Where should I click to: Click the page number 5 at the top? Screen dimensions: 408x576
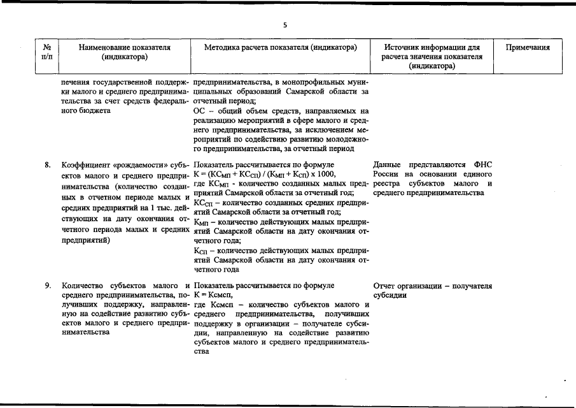[285, 25]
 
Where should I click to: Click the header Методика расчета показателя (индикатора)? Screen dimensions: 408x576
[280, 47]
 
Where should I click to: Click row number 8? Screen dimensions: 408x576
[48, 165]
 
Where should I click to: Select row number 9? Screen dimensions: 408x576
[48, 286]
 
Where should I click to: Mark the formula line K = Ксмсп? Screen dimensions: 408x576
[209, 295]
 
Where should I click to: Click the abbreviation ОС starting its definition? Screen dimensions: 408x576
[198, 110]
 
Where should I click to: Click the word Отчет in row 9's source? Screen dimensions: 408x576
[384, 286]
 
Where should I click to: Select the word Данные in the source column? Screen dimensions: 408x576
[388, 165]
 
